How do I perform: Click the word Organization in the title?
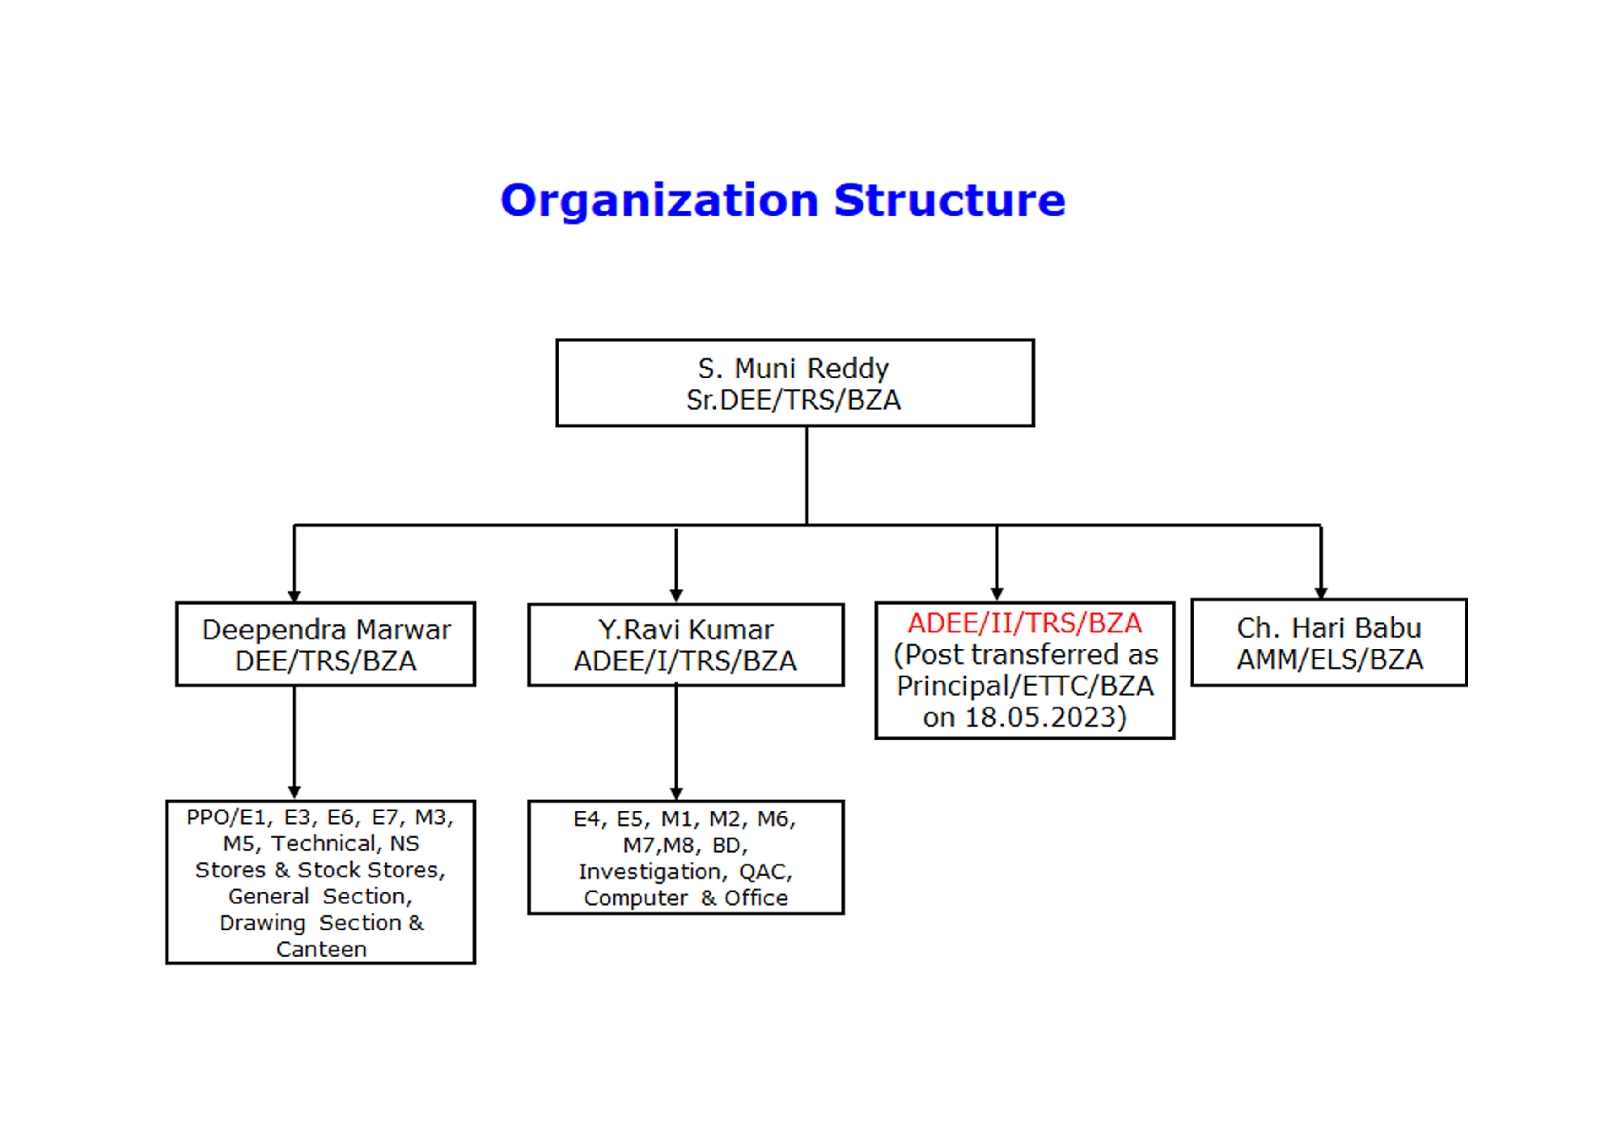(660, 201)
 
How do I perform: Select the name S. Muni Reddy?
(793, 368)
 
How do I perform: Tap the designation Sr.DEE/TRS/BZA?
(793, 400)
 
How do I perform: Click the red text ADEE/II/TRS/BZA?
(1025, 623)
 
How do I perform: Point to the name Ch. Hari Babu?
(1329, 628)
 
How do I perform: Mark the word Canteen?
(321, 950)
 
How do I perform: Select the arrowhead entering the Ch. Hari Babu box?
(1321, 594)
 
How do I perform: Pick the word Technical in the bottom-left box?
(327, 844)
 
